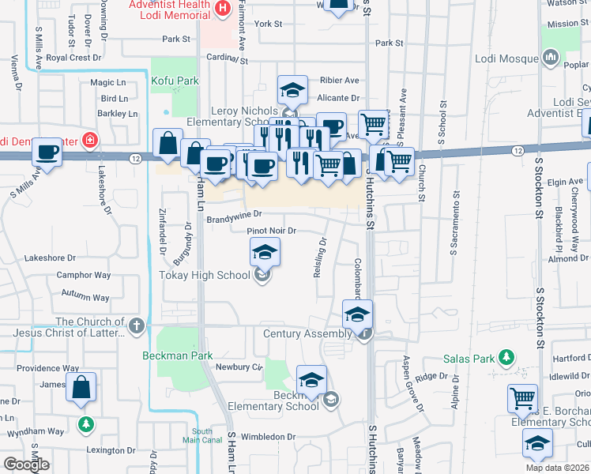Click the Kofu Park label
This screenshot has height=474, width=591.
(x=175, y=81)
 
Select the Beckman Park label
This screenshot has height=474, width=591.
(x=177, y=355)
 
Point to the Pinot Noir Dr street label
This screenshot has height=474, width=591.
(x=271, y=231)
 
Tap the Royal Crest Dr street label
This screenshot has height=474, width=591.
(x=74, y=58)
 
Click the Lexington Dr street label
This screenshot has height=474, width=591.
(x=107, y=450)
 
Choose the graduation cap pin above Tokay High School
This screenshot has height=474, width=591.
(x=265, y=253)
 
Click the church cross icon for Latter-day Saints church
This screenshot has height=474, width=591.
(x=137, y=324)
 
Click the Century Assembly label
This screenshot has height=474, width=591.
(x=307, y=334)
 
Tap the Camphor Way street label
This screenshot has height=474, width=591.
(x=83, y=275)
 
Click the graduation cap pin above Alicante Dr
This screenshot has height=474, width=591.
(x=292, y=90)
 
